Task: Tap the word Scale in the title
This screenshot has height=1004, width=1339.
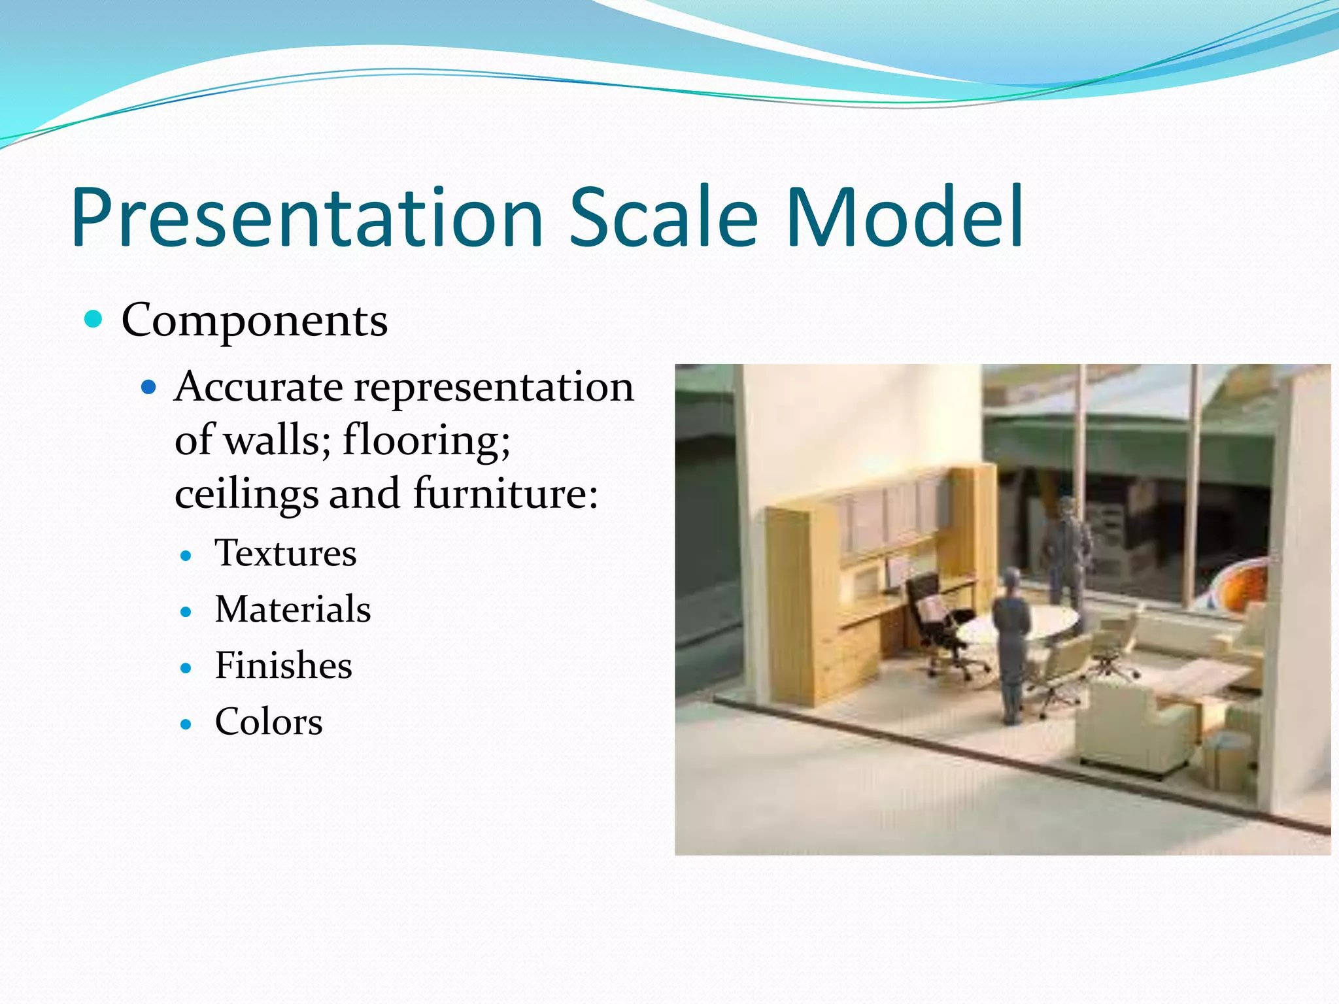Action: point(663,218)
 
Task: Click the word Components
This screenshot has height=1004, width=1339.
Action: point(255,321)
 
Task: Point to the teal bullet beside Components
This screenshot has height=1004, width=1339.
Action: point(94,320)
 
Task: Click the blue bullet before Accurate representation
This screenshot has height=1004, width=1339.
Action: point(149,388)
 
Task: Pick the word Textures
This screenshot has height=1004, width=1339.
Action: point(286,554)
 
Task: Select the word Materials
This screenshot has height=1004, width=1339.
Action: point(293,610)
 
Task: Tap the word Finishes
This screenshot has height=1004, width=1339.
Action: point(284,666)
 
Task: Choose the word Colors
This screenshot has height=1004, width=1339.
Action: point(269,722)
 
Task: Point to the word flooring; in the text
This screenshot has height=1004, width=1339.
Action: point(426,439)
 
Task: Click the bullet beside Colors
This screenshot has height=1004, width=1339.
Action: point(186,724)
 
